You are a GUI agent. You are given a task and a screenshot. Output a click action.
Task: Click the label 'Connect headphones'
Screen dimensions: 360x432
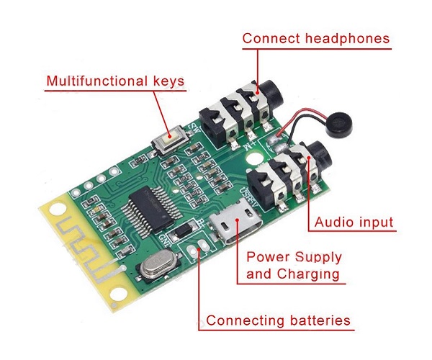[x=315, y=38]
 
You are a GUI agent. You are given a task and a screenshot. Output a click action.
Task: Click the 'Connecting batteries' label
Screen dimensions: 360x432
[x=279, y=320]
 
